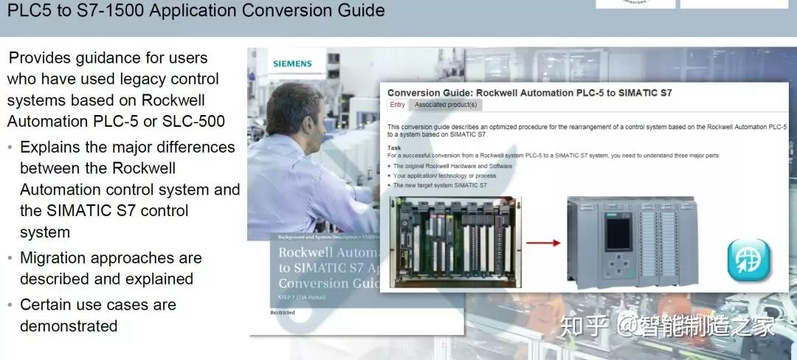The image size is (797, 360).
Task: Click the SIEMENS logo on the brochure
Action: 292,63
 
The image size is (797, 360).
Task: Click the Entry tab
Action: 397,105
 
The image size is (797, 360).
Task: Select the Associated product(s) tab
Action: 446,105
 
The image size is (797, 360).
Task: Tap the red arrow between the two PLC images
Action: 545,242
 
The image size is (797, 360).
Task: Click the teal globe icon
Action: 748,260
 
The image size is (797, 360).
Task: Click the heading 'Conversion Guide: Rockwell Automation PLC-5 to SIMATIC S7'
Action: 529,93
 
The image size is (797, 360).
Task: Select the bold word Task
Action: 396,148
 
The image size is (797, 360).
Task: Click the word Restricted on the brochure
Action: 283,312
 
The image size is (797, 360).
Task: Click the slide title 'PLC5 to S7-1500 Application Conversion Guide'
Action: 196,10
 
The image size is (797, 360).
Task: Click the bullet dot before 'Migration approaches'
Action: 10,259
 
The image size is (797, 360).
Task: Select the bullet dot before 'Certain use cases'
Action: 10,305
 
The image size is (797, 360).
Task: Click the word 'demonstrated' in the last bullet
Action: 69,325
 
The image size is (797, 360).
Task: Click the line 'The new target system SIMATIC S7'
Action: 440,185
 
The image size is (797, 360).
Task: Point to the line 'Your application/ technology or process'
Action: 444,176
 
